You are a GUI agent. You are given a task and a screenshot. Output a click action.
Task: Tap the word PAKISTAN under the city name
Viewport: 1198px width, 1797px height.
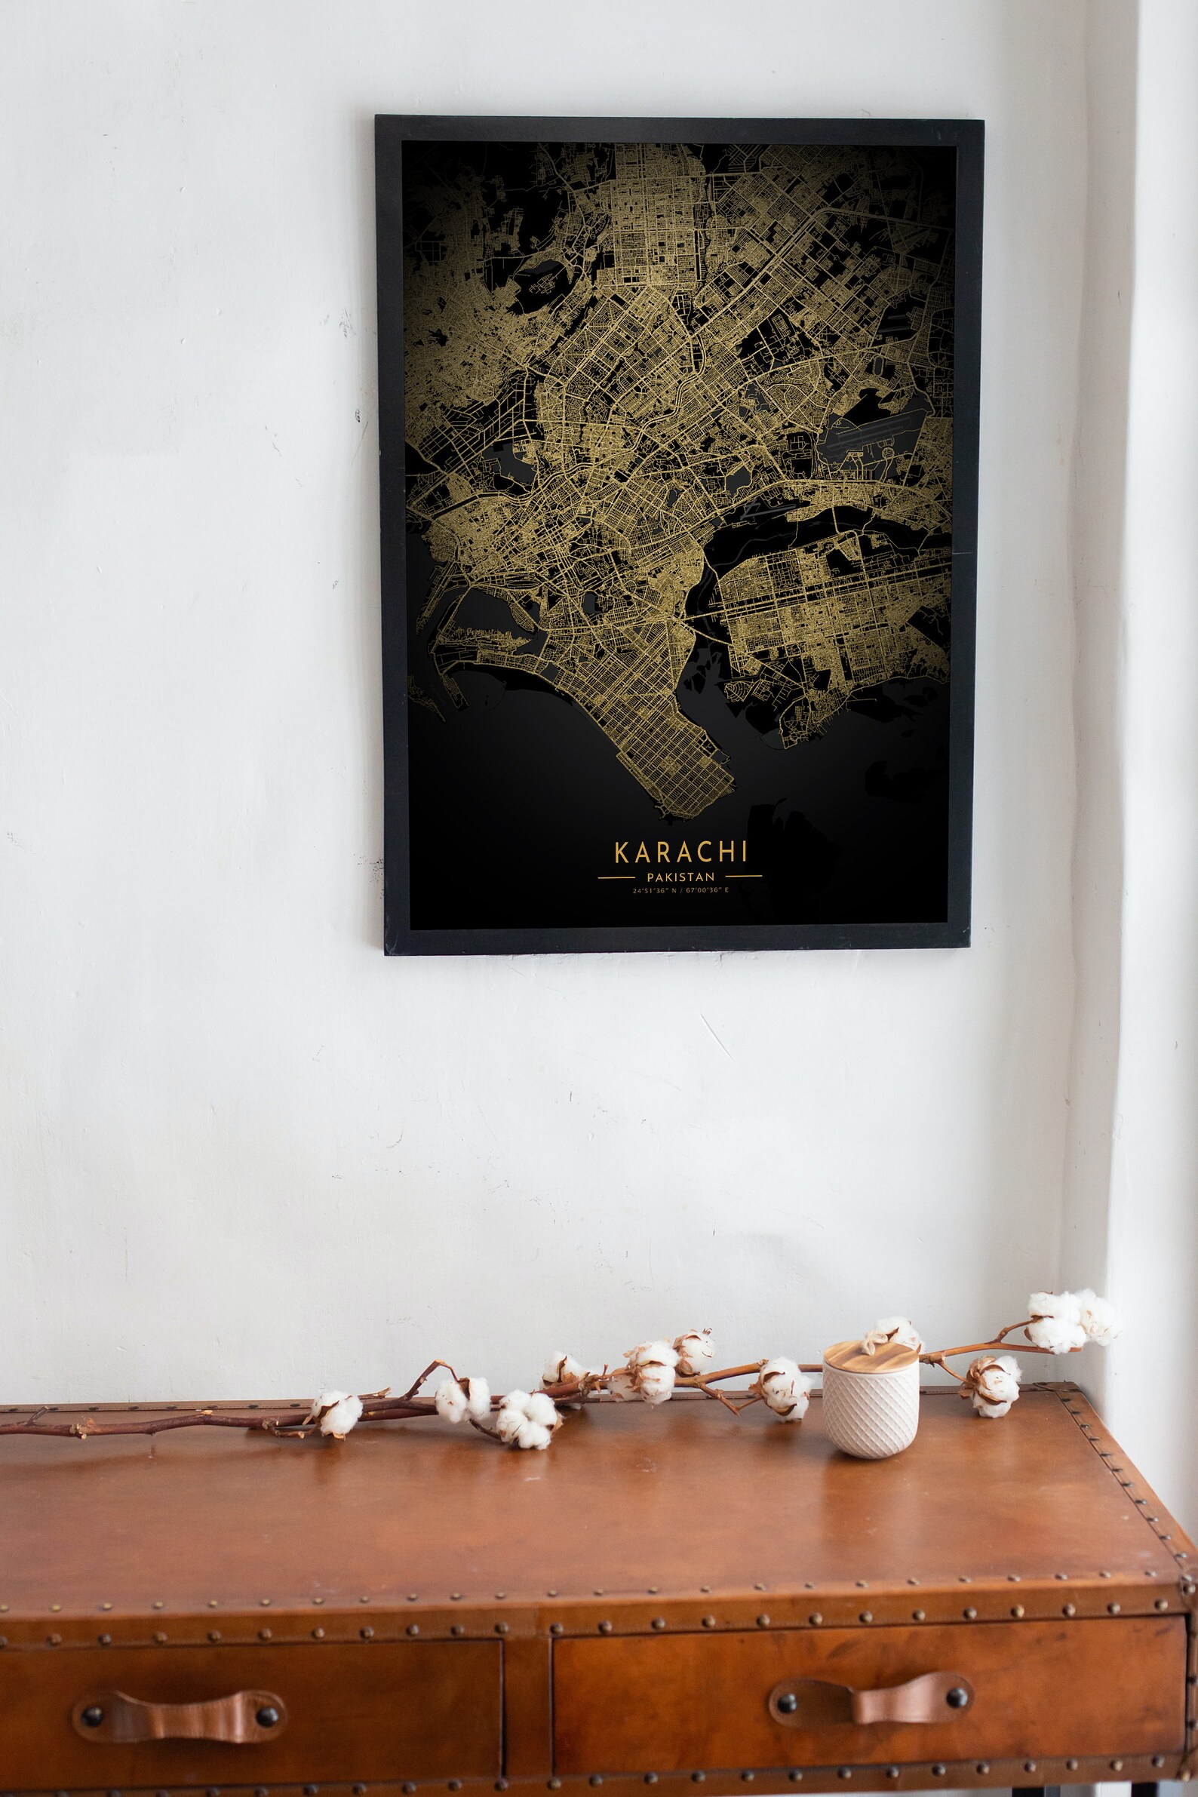[x=680, y=877]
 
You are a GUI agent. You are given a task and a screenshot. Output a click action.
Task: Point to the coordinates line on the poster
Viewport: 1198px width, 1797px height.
[x=680, y=891]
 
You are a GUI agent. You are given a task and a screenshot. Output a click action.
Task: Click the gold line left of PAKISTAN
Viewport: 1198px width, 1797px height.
[x=616, y=878]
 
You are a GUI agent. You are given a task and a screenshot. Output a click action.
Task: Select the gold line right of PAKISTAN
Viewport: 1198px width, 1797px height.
[x=743, y=877]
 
